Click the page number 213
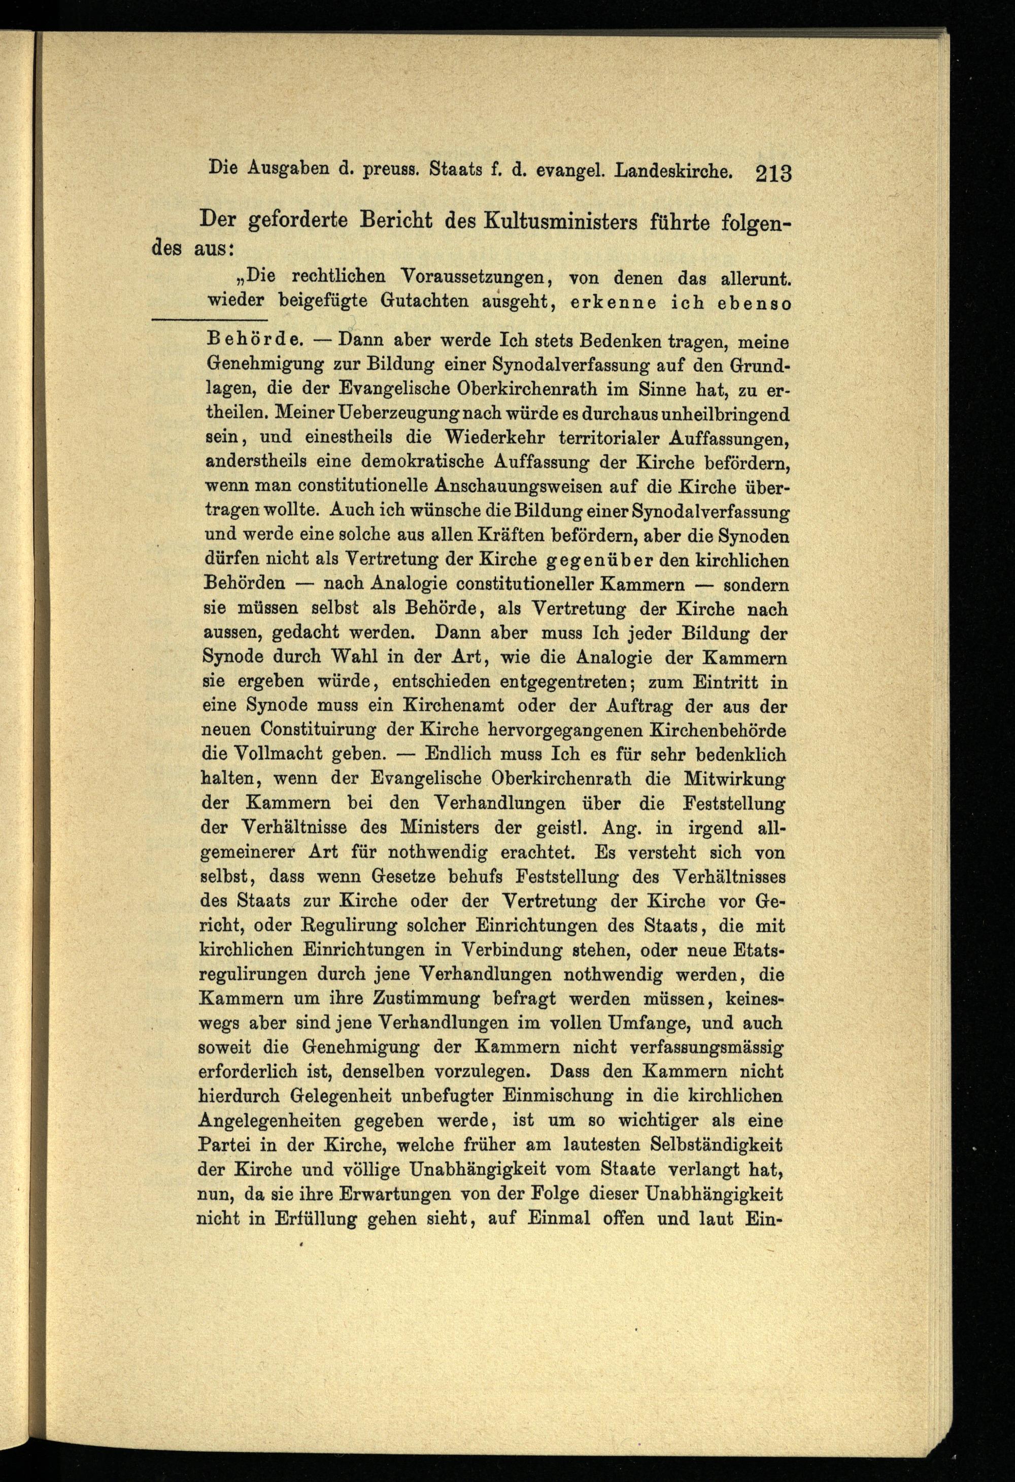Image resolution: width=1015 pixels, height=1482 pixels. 773,174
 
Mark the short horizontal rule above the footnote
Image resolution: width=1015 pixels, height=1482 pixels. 210,319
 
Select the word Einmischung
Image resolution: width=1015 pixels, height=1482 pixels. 557,1096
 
